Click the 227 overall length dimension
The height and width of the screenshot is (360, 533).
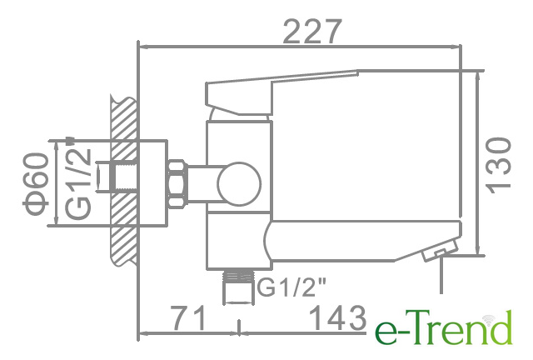point(311,32)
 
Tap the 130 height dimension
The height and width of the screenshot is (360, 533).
point(499,165)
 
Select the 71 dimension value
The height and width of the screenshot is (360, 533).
point(189,317)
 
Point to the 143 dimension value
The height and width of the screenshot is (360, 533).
point(337,317)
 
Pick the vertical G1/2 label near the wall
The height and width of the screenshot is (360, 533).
point(78,183)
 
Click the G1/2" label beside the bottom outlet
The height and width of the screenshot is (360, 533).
point(291,287)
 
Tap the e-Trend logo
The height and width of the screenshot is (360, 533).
point(444,327)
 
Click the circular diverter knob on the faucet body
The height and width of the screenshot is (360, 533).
point(239,184)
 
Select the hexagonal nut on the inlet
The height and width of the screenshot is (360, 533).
point(177,183)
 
